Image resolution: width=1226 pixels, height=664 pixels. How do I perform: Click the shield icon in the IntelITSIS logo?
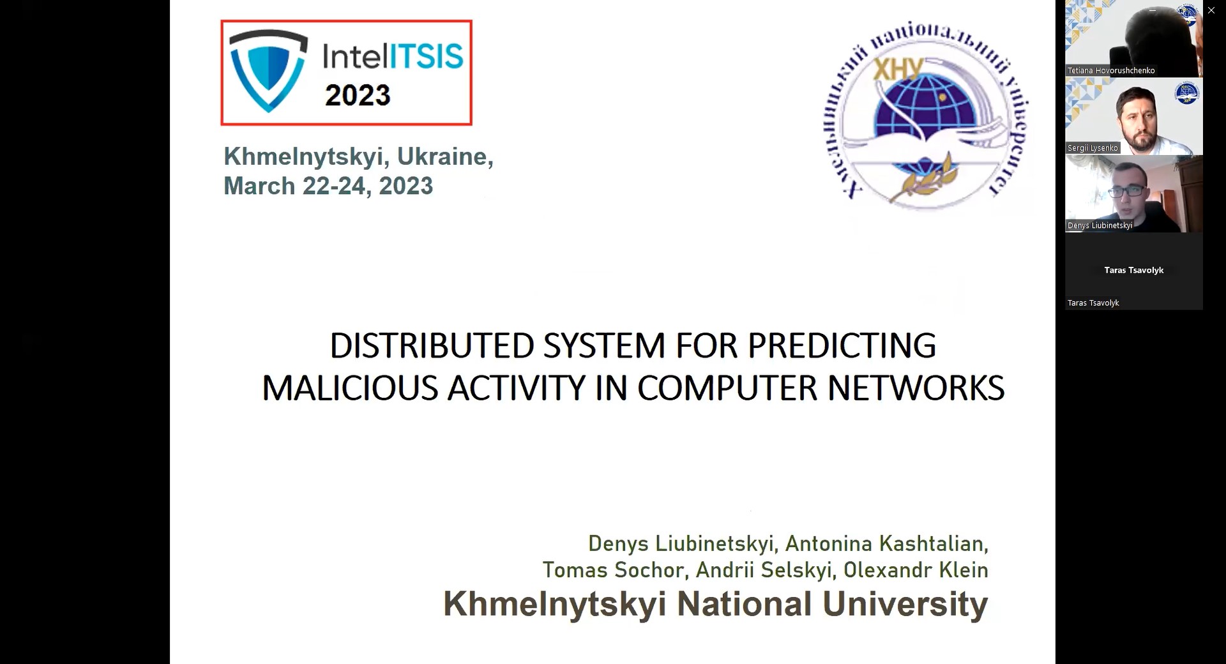point(268,71)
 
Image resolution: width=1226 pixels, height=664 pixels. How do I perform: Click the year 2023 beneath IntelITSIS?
point(358,96)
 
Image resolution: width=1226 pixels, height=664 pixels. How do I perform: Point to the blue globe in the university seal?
point(926,109)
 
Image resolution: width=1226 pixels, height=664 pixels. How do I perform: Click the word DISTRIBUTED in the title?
point(432,345)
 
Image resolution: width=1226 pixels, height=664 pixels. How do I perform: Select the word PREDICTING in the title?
point(842,345)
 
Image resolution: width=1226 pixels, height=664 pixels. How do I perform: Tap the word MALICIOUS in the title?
point(350,388)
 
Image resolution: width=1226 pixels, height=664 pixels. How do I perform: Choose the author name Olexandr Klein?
point(916,570)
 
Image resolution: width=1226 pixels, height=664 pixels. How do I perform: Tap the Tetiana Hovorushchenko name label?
point(1111,71)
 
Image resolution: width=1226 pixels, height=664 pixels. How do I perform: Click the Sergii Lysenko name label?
point(1093,148)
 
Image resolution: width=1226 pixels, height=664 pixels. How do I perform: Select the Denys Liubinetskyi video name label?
point(1100,225)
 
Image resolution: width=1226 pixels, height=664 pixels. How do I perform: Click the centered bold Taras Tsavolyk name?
point(1134,270)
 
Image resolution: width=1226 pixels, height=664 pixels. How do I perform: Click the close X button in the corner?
point(1211,10)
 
